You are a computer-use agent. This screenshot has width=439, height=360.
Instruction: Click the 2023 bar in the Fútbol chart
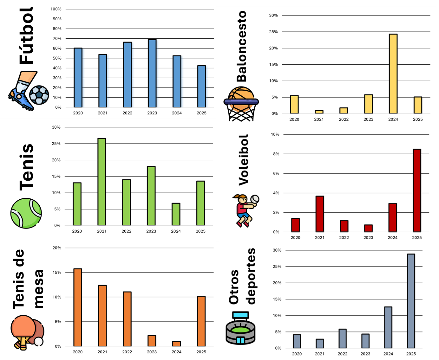[152, 73]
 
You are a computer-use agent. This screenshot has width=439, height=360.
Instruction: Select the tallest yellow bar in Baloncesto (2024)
[393, 74]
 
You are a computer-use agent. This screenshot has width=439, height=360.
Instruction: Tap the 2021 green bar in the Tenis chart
[102, 182]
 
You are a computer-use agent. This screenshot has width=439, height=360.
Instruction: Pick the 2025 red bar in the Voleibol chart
[417, 190]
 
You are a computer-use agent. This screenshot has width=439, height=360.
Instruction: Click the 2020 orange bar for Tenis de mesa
[78, 307]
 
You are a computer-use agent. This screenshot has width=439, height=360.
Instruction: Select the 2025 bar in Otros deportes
[411, 301]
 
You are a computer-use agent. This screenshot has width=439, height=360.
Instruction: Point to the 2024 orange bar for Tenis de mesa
[176, 344]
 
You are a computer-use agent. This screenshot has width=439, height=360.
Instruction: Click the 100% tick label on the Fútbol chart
[56, 9]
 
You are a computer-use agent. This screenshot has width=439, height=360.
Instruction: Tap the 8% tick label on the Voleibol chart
[276, 154]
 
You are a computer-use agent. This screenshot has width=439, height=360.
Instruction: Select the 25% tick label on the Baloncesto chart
[273, 32]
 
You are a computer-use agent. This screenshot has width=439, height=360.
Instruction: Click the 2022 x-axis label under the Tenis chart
[126, 231]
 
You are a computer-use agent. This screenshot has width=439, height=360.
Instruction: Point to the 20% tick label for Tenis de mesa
[56, 248]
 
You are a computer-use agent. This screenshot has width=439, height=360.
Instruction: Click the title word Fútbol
[26, 35]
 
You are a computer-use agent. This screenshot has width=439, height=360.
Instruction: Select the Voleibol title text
[243, 160]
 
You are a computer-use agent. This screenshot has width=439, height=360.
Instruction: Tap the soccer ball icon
[39, 95]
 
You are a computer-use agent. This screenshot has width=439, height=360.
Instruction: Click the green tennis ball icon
[26, 213]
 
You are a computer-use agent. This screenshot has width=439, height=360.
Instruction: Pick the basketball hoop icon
[241, 104]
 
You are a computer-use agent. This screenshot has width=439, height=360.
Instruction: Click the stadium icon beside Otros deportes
[240, 328]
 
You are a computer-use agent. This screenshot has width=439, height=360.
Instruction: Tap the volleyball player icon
[246, 211]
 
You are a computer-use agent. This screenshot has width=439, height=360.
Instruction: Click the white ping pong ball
[39, 342]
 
